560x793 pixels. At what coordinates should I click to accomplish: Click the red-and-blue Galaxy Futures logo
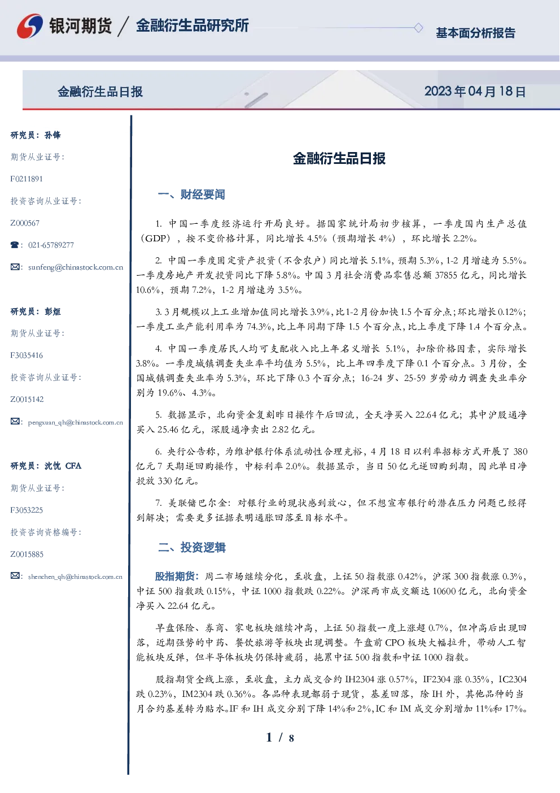pos(30,26)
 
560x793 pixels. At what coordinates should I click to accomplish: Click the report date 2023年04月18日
pos(475,92)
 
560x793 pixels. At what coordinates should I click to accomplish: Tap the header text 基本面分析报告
pos(475,33)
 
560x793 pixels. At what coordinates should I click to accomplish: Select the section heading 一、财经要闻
pos(191,194)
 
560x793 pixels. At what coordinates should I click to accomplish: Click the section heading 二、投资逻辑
pos(191,547)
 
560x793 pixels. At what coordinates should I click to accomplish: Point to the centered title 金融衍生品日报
pos(339,158)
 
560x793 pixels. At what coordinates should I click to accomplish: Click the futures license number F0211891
pos(27,179)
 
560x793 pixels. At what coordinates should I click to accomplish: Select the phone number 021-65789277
pos(51,245)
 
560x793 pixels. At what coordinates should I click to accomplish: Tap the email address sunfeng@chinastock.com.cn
pos(76,267)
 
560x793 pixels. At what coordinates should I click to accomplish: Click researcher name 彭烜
pos(53,311)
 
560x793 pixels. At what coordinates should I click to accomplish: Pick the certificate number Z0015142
pos(27,400)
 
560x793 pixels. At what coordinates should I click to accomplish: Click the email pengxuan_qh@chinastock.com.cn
pos(76,422)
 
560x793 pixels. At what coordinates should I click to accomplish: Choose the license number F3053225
pos(27,510)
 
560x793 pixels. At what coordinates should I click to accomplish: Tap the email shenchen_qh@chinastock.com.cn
pos(75,577)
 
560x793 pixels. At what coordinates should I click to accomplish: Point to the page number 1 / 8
pos(280,738)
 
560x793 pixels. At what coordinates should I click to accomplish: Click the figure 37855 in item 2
pos(446,275)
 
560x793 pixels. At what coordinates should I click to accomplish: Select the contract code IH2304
pos(360,679)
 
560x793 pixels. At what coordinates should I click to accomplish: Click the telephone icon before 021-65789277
pos(15,245)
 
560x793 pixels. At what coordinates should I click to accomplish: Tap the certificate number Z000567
pos(25,223)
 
